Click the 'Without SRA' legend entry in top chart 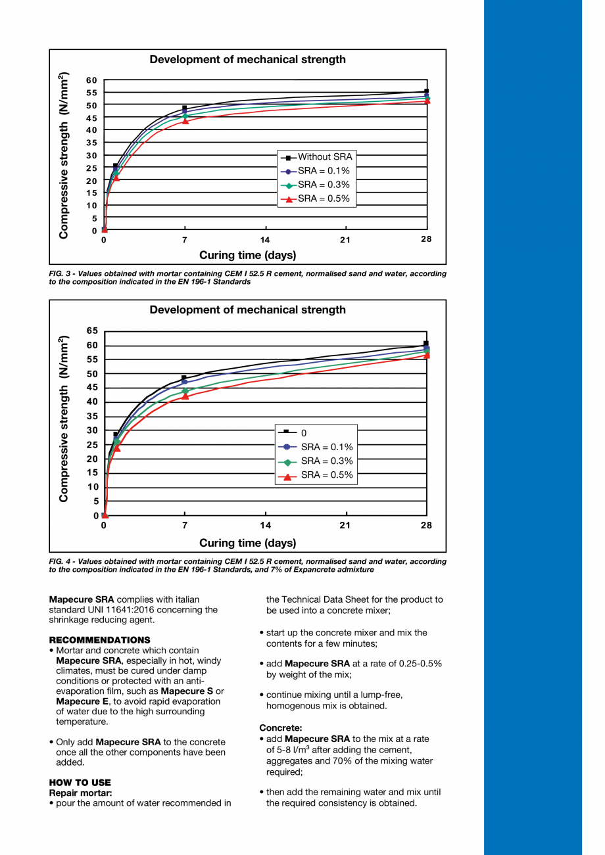pyautogui.click(x=325, y=157)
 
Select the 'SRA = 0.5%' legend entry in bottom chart pyautogui.click(x=326, y=475)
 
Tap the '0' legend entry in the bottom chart pyautogui.click(x=304, y=433)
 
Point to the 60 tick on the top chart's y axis pyautogui.click(x=91, y=80)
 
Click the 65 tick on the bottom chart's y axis pyautogui.click(x=91, y=331)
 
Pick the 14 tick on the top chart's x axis pyautogui.click(x=265, y=240)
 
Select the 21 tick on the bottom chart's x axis pyautogui.click(x=345, y=525)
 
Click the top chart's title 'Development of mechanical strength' pyautogui.click(x=247, y=59)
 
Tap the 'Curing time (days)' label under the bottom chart pyautogui.click(x=247, y=543)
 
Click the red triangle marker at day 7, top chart pyautogui.click(x=185, y=121)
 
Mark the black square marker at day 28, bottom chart pyautogui.click(x=426, y=344)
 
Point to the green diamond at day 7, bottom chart pyautogui.click(x=185, y=391)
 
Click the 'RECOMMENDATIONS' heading pyautogui.click(x=99, y=640)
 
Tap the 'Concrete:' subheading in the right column pyautogui.click(x=281, y=728)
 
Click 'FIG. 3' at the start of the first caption pyautogui.click(x=61, y=273)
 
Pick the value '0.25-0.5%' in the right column pyautogui.click(x=420, y=664)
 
